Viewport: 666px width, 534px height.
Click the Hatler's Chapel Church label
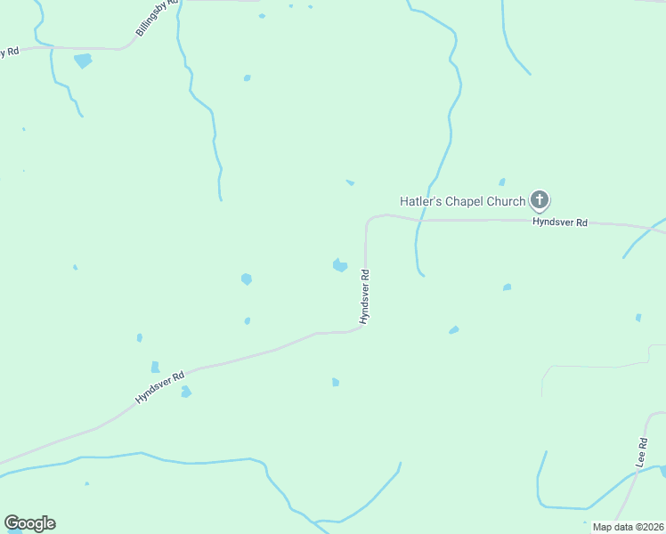(462, 201)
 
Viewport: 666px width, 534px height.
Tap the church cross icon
(539, 199)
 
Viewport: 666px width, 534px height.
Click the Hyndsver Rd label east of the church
(559, 222)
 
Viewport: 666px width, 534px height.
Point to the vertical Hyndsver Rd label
(364, 296)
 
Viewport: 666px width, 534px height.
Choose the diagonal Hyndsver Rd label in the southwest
(159, 387)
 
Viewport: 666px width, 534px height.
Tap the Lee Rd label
(641, 453)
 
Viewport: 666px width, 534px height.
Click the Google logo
(29, 523)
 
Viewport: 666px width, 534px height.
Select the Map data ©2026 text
(629, 527)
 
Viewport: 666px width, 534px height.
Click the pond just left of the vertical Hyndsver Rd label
(339, 265)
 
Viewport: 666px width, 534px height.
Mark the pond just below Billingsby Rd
(83, 61)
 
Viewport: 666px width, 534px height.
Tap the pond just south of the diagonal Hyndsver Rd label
(185, 392)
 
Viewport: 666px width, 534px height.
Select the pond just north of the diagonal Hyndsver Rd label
(155, 367)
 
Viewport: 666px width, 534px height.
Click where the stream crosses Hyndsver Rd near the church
(418, 219)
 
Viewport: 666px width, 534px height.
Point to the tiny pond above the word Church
(502, 182)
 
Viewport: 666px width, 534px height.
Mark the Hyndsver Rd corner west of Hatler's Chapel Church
(368, 219)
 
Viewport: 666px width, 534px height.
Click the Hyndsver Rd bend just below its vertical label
(361, 328)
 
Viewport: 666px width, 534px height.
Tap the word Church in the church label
(506, 201)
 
